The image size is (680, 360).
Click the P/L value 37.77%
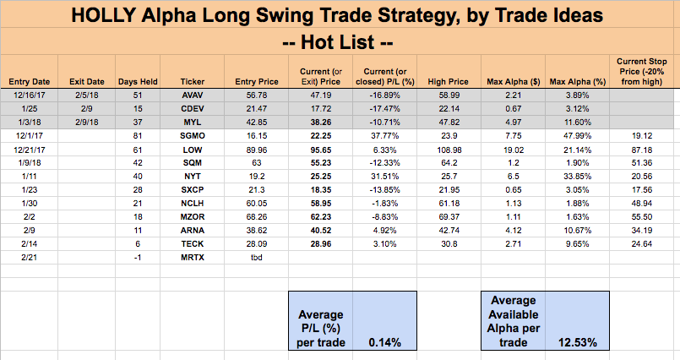click(385, 134)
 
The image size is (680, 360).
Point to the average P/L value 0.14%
click(384, 342)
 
